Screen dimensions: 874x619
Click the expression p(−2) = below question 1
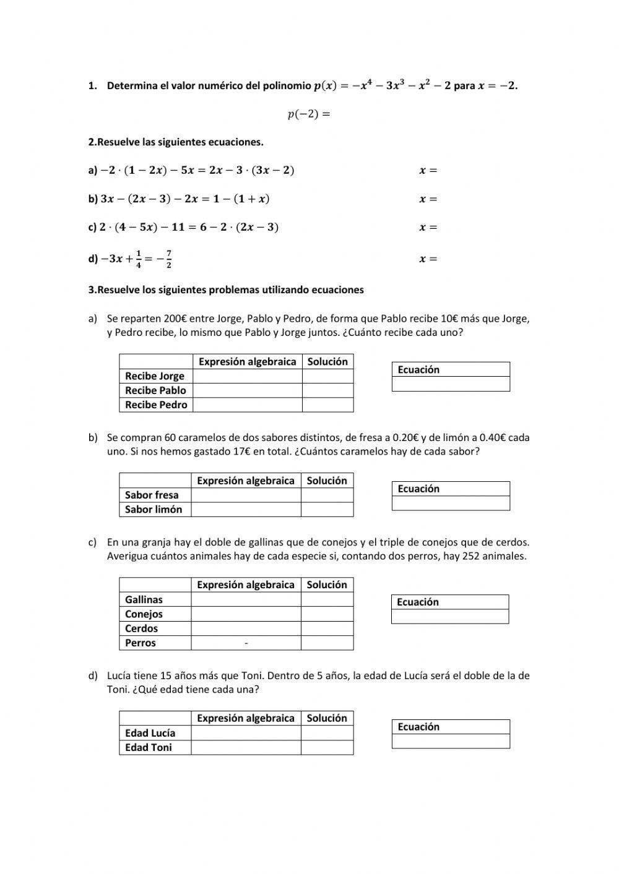coord(309,114)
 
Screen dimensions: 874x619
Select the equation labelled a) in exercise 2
coord(191,170)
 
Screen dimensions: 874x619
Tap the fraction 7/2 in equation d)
coord(168,259)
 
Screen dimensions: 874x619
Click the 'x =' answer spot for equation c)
coord(428,227)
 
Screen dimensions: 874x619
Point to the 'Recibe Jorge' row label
coord(155,376)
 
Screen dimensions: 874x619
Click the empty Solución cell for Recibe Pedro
coord(327,405)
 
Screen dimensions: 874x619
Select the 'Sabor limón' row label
coord(154,510)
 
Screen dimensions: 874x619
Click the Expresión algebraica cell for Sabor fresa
coord(246,495)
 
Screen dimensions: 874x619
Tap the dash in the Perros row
coord(246,643)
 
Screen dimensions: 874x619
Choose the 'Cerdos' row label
coord(142,628)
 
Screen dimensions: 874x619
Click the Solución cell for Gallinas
coord(327,599)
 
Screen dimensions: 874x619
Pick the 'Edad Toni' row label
coord(149,747)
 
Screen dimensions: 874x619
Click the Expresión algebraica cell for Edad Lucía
coord(246,733)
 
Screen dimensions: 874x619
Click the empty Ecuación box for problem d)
coord(451,741)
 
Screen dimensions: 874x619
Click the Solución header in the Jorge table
coord(327,362)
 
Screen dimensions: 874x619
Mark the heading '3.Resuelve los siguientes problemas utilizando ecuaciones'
coord(226,289)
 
